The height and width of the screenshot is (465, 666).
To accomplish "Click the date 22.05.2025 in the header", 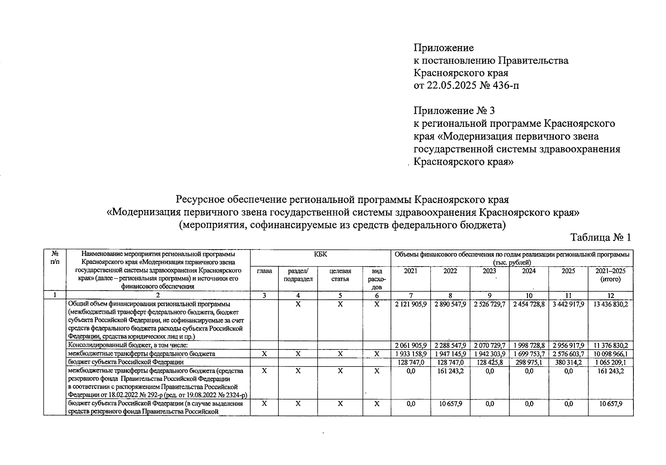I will (451, 85).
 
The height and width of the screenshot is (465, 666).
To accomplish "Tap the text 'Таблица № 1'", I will (600, 237).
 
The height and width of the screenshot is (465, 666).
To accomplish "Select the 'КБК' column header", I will (320, 254).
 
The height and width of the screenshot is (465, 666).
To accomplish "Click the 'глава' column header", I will (264, 271).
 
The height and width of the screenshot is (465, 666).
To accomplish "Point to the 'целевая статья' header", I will (340, 275).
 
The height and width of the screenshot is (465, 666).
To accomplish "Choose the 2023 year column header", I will (489, 271).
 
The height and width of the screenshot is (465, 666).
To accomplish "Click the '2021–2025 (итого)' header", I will (610, 275).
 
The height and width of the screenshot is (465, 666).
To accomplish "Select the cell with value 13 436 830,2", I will (611, 305).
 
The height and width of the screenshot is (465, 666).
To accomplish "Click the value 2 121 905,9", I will (410, 305).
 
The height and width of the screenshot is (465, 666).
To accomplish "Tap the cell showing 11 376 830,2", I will (611, 345).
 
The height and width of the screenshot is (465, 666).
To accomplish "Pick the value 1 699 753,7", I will (529, 354).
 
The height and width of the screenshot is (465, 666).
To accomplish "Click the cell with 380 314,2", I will (568, 362).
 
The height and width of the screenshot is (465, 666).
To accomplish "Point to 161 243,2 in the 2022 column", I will (450, 371).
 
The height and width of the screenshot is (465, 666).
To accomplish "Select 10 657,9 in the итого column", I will (611, 404).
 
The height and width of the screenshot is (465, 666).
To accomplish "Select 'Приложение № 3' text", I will (454, 111).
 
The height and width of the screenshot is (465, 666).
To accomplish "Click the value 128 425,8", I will (489, 362).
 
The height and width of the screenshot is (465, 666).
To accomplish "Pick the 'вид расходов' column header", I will (376, 279).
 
